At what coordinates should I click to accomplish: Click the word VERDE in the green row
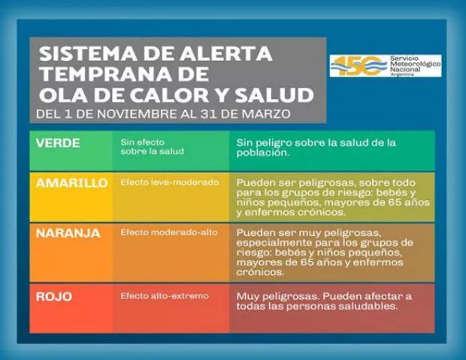(57, 142)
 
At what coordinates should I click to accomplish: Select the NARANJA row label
(68, 233)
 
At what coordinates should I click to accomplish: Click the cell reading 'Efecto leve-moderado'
(169, 183)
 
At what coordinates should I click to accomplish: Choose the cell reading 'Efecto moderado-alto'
(169, 233)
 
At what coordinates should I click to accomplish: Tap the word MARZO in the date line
(271, 115)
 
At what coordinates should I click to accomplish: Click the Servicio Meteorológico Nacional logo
(384, 65)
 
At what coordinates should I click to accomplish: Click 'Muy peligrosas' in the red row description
(272, 296)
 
